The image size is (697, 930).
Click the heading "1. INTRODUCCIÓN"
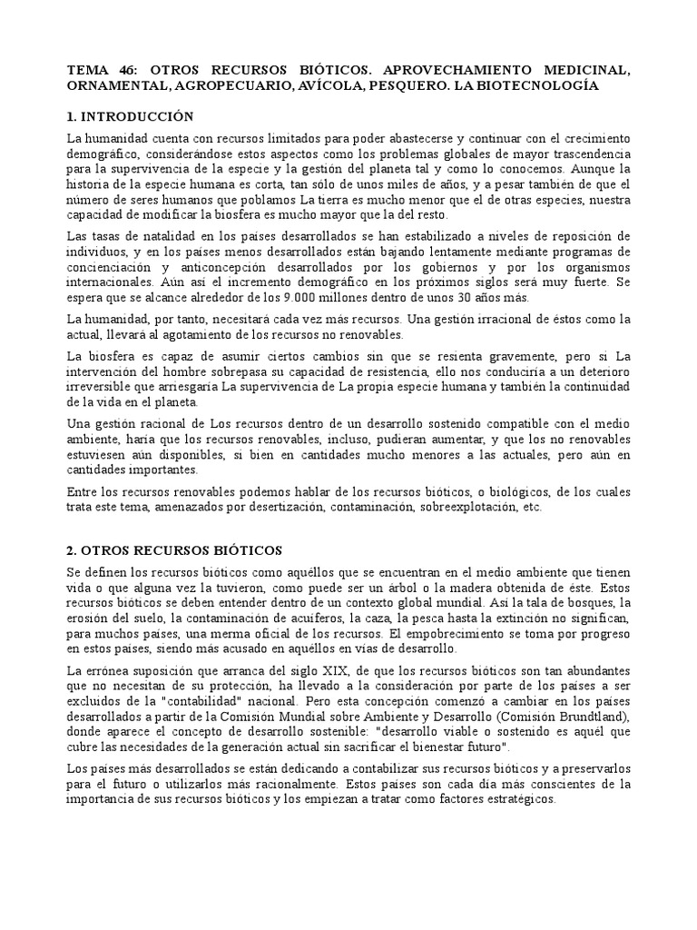click(131, 116)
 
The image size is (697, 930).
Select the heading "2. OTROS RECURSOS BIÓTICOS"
click(175, 550)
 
